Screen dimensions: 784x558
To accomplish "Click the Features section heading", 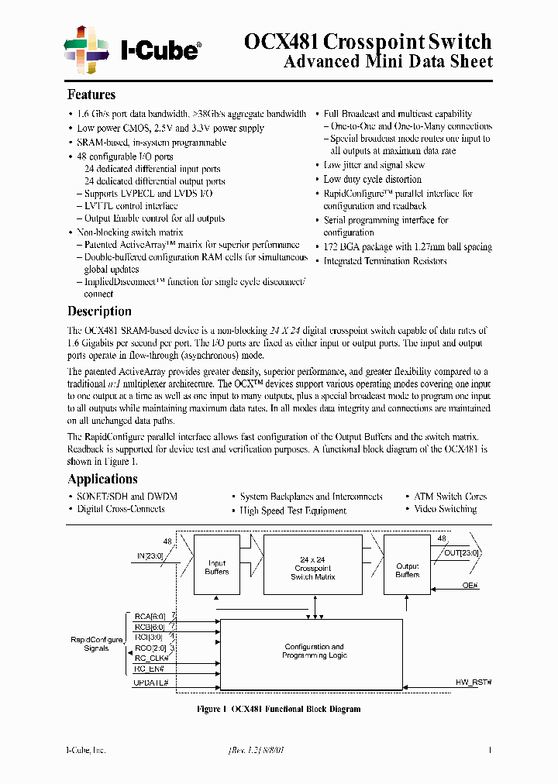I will (91, 95).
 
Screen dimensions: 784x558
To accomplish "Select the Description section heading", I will (99, 311).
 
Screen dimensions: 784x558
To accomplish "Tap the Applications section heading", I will (102, 479).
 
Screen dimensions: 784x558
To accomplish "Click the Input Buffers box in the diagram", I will (216, 567).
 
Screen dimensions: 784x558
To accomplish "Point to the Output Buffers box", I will (407, 570).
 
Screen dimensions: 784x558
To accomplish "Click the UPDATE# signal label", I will (151, 682).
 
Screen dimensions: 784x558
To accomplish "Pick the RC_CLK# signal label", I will (150, 658).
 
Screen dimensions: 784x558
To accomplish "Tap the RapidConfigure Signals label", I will (96, 644).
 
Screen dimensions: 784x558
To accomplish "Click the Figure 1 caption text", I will (278, 709).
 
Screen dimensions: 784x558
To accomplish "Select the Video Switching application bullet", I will (445, 510).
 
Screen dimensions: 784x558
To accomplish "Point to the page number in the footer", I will (490, 750).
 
